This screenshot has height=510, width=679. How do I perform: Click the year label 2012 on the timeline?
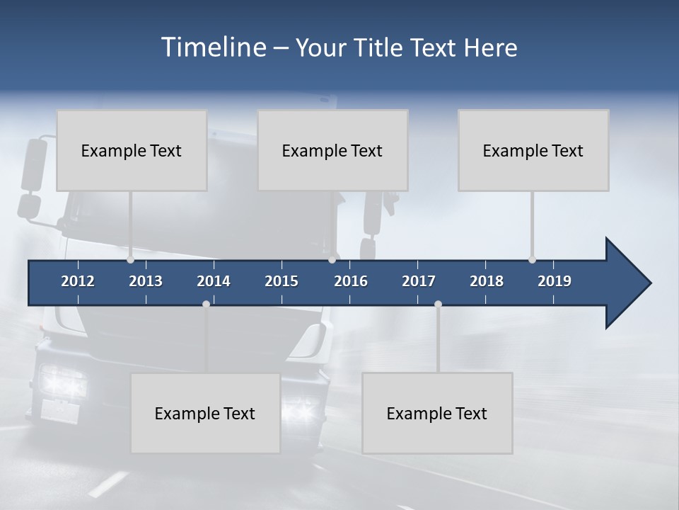pos(78,281)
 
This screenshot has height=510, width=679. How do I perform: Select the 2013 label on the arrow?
pos(146,281)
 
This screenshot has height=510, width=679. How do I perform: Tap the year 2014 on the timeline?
pos(214,281)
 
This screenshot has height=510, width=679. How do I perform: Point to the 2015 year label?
pos(282,281)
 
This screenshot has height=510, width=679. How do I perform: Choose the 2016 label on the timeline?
pos(351,281)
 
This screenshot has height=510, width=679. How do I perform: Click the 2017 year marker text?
pos(419,281)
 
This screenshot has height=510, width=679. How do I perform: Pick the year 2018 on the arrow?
pos(487,281)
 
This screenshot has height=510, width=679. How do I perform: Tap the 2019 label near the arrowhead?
pos(555,281)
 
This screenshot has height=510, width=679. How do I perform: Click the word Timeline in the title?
pos(213,47)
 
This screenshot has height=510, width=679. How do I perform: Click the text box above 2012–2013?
pos(132,150)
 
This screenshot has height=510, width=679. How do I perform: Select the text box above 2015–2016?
pos(332,150)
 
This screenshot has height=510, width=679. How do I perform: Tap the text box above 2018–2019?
pos(533,150)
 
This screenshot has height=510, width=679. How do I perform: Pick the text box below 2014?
pos(205,413)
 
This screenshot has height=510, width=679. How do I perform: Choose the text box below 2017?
pos(437,413)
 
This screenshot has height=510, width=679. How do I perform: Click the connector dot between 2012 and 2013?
pos(131,259)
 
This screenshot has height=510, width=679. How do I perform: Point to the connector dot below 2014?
pos(206,304)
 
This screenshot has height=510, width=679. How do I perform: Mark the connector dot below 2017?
pos(438,304)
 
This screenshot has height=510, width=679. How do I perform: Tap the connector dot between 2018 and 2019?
pos(532,259)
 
